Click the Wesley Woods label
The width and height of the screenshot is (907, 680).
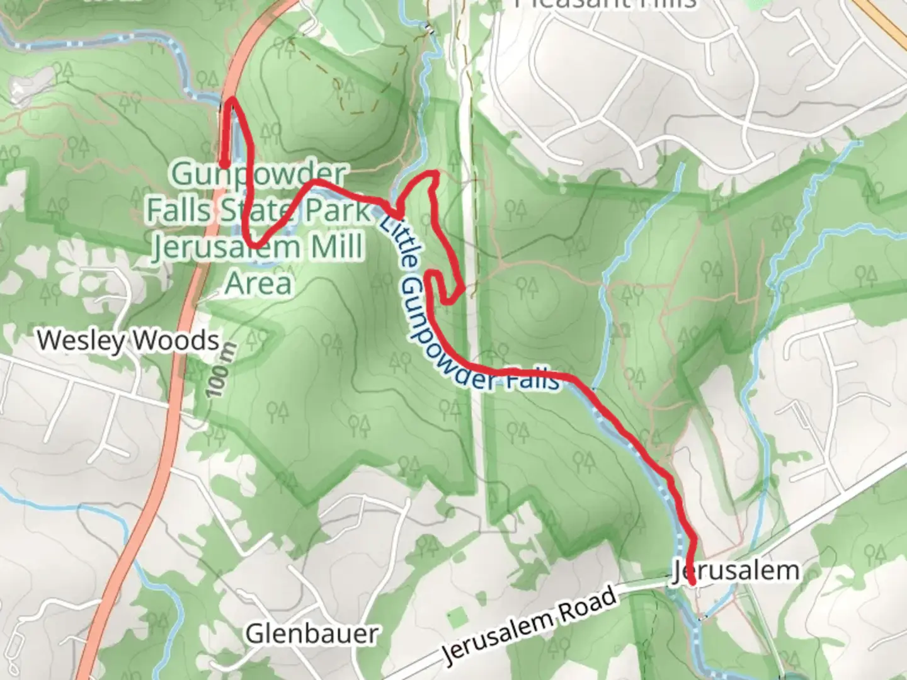coord(128,341)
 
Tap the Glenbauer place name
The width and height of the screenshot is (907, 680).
coord(312,633)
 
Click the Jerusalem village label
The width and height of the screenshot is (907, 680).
coord(736,570)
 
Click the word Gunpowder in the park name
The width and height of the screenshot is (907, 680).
coord(259,174)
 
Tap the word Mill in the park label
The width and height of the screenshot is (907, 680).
coord(336,247)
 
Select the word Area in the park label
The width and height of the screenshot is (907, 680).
coord(259,283)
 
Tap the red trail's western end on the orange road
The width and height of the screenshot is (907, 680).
coord(224,165)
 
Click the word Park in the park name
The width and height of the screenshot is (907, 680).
coord(338,210)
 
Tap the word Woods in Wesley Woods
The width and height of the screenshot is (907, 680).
coord(176,341)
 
